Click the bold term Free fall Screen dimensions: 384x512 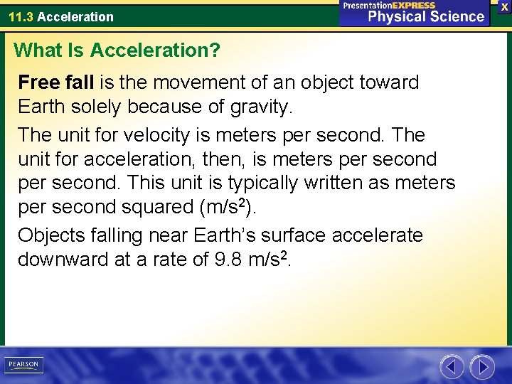[x=55, y=82]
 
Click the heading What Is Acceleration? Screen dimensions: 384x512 [x=117, y=50]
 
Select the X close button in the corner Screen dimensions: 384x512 [x=504, y=6]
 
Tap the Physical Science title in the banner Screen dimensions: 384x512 [x=426, y=16]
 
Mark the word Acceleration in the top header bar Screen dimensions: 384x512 [x=75, y=16]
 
